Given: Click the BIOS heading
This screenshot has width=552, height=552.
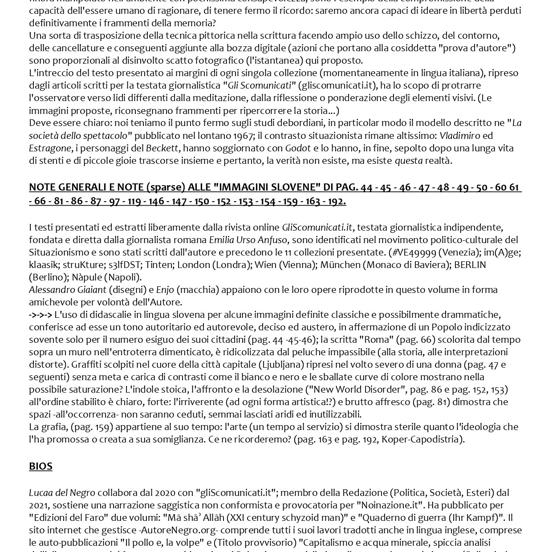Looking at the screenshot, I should tap(41, 466).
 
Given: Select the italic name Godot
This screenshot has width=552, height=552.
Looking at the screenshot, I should tap(298, 148).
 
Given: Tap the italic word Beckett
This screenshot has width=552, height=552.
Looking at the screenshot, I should tap(162, 148).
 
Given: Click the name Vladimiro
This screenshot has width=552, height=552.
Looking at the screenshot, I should tap(459, 135).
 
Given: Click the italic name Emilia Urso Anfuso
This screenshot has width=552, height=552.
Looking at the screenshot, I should tap(248, 239).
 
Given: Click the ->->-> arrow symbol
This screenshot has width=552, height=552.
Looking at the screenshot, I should tap(41, 314).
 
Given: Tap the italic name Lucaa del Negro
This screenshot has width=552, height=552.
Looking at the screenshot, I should tap(62, 492).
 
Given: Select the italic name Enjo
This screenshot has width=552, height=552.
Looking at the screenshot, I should tap(165, 289).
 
